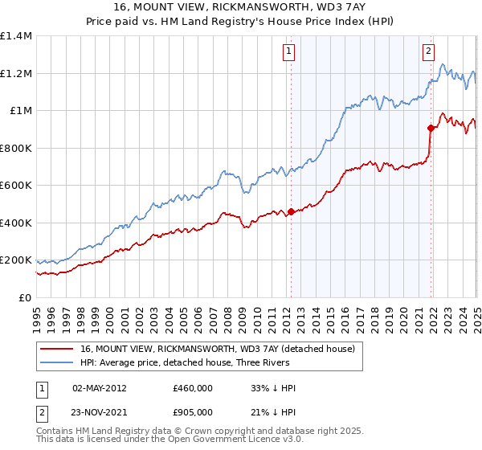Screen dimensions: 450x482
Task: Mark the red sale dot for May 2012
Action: tap(291, 211)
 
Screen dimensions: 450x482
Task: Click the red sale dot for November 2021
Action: tap(431, 128)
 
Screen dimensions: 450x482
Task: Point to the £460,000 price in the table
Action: tap(193, 387)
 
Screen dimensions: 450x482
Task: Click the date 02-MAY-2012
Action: tap(100, 387)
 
